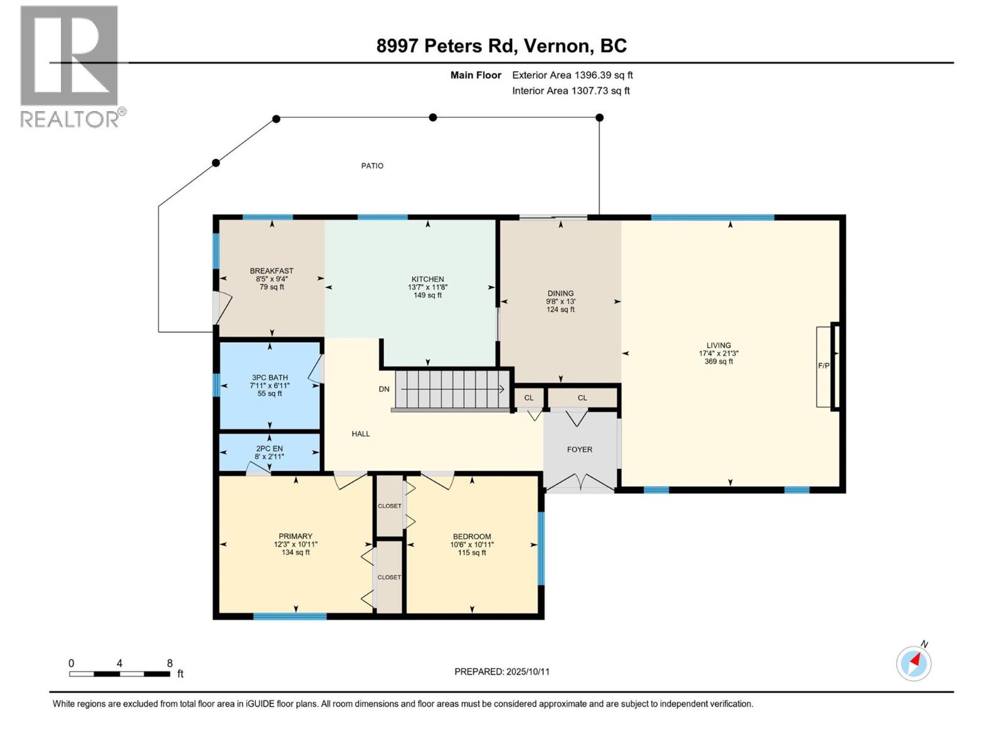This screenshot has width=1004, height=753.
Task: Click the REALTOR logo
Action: tap(70, 65)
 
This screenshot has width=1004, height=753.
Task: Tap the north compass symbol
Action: tap(914, 663)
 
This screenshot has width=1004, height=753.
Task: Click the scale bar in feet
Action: tap(119, 673)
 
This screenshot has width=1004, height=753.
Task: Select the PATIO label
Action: tap(372, 166)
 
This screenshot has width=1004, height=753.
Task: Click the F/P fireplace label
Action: tap(823, 365)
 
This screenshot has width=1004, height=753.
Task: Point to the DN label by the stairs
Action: tap(384, 389)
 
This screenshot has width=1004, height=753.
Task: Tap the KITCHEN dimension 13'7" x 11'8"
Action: tap(427, 287)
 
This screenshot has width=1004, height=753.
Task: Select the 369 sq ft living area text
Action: tap(718, 361)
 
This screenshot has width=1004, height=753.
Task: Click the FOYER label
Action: tap(579, 449)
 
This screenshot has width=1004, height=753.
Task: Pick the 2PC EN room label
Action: tap(269, 449)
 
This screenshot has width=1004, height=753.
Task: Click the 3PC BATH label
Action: tap(270, 378)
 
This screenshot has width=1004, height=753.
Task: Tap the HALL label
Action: tap(361, 434)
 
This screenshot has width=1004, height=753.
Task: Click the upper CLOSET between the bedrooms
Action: tap(389, 506)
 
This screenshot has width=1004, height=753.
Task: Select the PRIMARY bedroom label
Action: tap(296, 537)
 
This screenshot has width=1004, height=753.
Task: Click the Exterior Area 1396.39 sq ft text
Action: tap(572, 75)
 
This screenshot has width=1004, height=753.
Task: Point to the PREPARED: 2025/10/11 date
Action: tap(502, 671)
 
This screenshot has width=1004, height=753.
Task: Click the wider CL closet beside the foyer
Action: tap(582, 398)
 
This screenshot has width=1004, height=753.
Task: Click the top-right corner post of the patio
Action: tap(599, 117)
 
